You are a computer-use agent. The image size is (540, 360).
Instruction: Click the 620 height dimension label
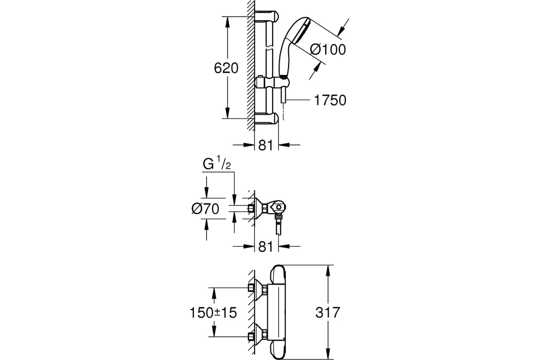(x=226, y=68)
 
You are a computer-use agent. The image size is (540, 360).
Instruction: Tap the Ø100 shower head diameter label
(x=328, y=49)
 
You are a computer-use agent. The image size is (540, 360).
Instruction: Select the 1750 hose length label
(x=330, y=100)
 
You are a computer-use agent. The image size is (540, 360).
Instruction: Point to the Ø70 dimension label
(x=205, y=208)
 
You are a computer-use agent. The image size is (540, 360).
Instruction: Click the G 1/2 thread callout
(x=217, y=163)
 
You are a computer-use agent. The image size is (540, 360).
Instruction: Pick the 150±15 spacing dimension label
(x=213, y=313)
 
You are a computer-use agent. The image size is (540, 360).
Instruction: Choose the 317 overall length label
(x=328, y=312)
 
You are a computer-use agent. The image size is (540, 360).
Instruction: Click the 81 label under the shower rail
(x=265, y=145)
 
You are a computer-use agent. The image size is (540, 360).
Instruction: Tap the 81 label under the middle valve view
(x=265, y=247)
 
